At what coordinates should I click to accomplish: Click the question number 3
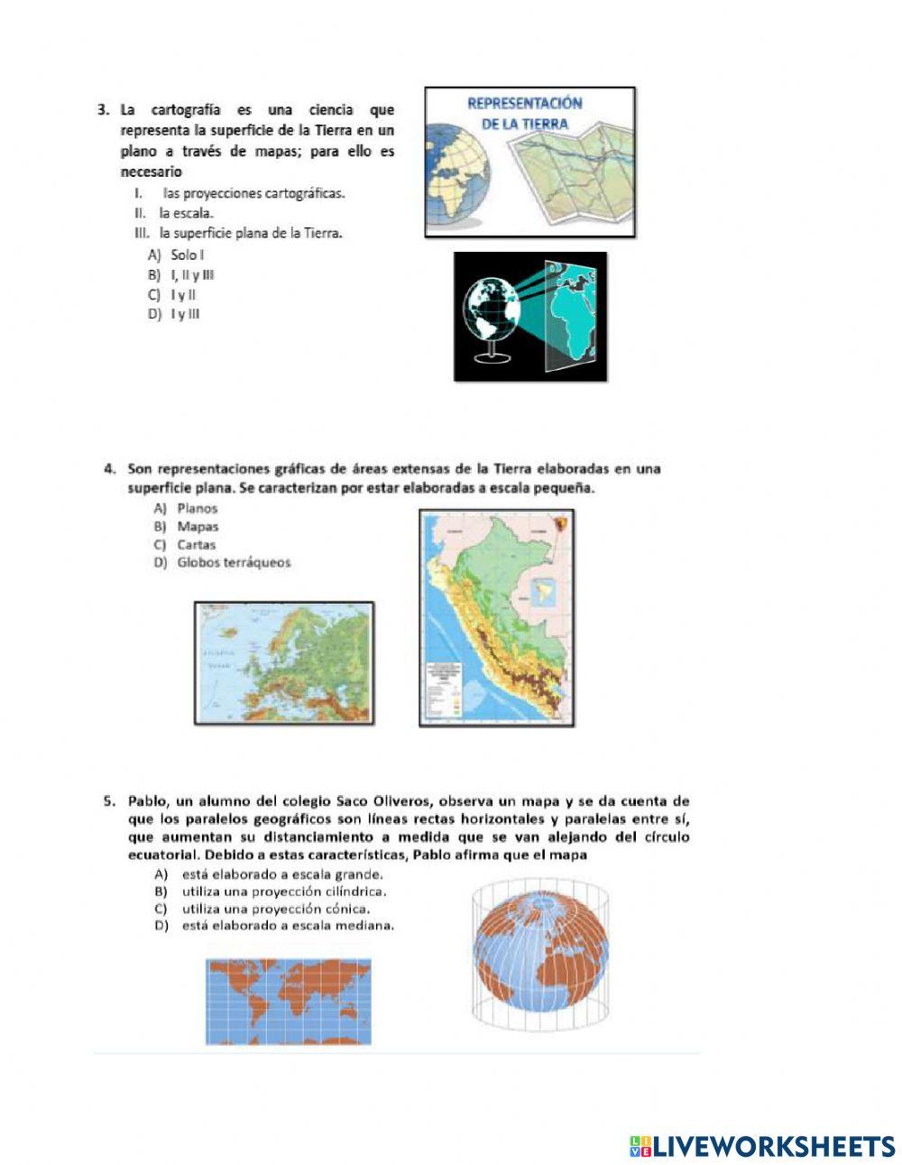pyautogui.click(x=103, y=110)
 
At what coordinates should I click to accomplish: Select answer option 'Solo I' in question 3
pyautogui.click(x=187, y=255)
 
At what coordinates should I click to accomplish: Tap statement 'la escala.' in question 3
pyautogui.click(x=186, y=213)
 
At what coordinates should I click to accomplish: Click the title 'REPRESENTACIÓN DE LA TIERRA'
pyautogui.click(x=524, y=113)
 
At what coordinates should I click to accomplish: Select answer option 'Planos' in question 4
pyautogui.click(x=197, y=508)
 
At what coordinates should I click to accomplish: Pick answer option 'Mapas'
pyautogui.click(x=198, y=526)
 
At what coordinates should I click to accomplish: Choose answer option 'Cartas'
pyautogui.click(x=196, y=544)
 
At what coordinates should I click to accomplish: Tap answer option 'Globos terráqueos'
pyautogui.click(x=234, y=562)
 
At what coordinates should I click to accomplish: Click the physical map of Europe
pyautogui.click(x=284, y=663)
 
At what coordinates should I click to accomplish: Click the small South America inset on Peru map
pyautogui.click(x=544, y=596)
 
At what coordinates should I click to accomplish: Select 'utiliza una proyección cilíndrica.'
pyautogui.click(x=283, y=892)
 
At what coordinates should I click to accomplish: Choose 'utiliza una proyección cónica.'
pyautogui.click(x=275, y=909)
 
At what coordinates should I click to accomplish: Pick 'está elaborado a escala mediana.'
pyautogui.click(x=287, y=926)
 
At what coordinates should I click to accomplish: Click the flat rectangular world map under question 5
pyautogui.click(x=289, y=1002)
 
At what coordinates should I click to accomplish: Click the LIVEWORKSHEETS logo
pyautogui.click(x=762, y=1146)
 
